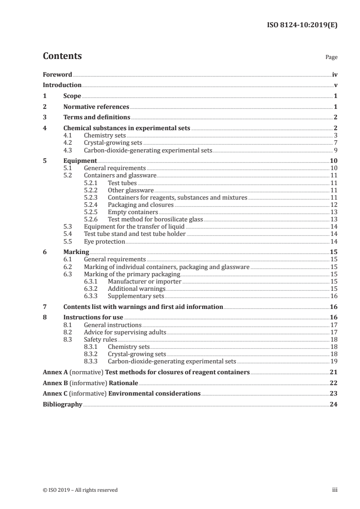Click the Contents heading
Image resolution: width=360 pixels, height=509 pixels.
tap(62, 56)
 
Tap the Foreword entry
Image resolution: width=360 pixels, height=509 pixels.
tap(57, 74)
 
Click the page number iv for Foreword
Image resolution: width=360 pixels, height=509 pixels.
tap(335, 74)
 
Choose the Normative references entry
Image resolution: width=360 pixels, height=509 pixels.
tap(96, 107)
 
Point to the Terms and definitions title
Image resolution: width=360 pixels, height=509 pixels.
tap(97, 117)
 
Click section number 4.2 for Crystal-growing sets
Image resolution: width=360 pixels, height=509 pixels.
tap(68, 142)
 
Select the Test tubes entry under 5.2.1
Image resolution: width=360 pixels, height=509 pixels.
tap(122, 183)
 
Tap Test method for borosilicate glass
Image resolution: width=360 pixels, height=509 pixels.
tap(155, 219)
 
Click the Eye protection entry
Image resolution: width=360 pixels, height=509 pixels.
tap(104, 241)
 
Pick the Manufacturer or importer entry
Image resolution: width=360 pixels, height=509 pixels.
tap(144, 281)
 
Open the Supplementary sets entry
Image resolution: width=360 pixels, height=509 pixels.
tap(136, 296)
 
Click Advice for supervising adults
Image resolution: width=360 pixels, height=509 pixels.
tap(125, 332)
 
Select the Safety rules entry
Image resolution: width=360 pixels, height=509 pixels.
tap(100, 339)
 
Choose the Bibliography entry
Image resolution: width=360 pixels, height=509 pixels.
tap(62, 404)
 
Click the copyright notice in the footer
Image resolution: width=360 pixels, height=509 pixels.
tap(80, 490)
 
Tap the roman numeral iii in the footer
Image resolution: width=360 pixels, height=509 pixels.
tap(335, 490)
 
